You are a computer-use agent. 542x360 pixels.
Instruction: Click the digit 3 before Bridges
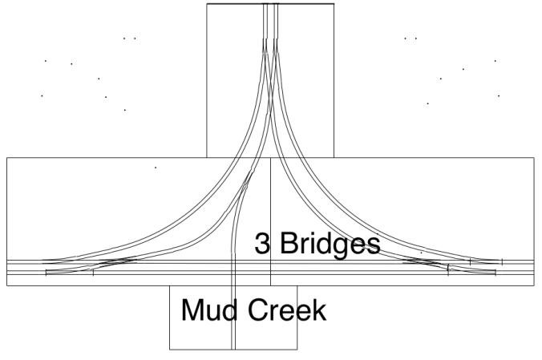pyautogui.click(x=262, y=243)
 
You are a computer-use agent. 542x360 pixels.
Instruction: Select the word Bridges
pyautogui.click(x=330, y=245)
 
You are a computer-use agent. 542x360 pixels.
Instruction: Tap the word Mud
pyautogui.click(x=208, y=310)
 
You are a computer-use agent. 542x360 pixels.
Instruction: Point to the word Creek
pyautogui.click(x=287, y=310)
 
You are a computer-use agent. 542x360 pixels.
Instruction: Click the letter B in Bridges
pyautogui.click(x=288, y=243)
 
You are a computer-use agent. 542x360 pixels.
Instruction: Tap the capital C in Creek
pyautogui.click(x=258, y=310)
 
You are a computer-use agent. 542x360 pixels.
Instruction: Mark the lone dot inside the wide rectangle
pyautogui.click(x=156, y=168)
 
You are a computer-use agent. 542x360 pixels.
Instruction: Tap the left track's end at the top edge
pyautogui.click(x=265, y=4)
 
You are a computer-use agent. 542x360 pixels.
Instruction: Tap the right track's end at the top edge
pyautogui.click(x=276, y=4)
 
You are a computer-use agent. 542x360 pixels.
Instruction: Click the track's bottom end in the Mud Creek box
pyautogui.click(x=233, y=350)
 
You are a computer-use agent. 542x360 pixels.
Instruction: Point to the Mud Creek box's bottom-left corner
pyautogui.click(x=170, y=350)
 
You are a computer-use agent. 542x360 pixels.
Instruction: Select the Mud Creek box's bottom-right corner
pyautogui.click(x=297, y=350)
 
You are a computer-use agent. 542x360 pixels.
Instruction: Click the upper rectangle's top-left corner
pyautogui.click(x=207, y=4)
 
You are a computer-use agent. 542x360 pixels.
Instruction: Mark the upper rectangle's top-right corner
pyautogui.click(x=334, y=4)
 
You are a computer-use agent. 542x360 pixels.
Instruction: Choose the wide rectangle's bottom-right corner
pyautogui.click(x=534, y=285)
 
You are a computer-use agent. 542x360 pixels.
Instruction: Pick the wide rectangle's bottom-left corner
pyautogui.click(x=7, y=285)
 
